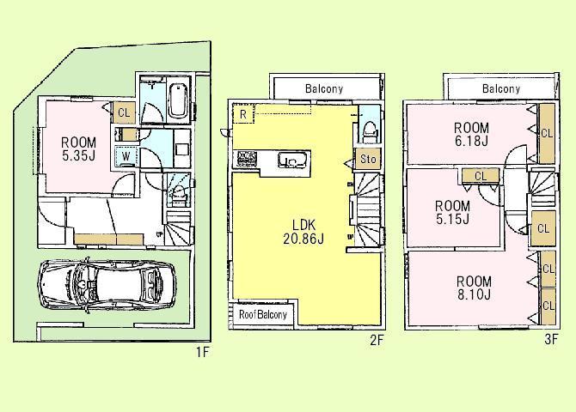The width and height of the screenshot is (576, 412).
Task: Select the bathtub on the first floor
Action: (x=178, y=100)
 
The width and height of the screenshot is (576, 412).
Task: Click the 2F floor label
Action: (x=375, y=340)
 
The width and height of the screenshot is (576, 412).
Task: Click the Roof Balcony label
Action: (x=263, y=314)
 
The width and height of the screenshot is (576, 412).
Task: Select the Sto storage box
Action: (x=367, y=159)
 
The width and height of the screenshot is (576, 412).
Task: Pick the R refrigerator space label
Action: (x=244, y=113)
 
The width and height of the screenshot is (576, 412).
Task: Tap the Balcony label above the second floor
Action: (x=323, y=88)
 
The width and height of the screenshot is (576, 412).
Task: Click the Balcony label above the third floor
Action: (x=500, y=88)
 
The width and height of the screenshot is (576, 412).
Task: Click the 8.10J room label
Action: (x=474, y=288)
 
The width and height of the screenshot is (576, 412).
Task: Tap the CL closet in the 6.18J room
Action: (x=545, y=133)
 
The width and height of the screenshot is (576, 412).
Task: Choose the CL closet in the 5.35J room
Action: (x=123, y=112)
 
